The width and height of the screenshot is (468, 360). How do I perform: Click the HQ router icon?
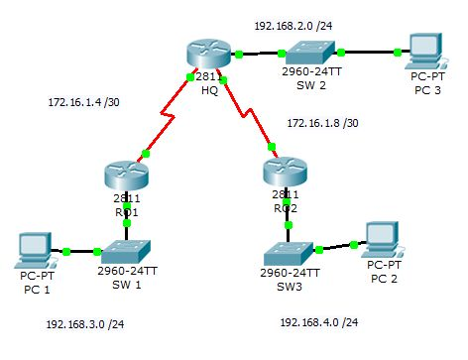pos(206,56)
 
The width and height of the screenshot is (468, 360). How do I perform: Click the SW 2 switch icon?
pos(311,53)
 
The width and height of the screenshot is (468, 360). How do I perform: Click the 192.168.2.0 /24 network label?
pos(293,26)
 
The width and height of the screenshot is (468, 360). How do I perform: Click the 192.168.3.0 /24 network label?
pos(84,323)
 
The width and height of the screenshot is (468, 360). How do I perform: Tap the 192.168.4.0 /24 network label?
pos(319,322)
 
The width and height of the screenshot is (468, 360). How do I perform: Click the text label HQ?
pos(209,89)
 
